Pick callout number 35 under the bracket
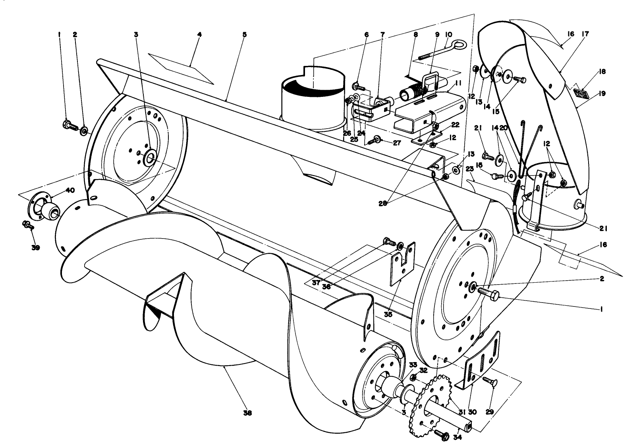pyautogui.click(x=388, y=314)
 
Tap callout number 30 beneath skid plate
pyautogui.click(x=472, y=412)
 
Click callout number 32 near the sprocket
pyautogui.click(x=423, y=370)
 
